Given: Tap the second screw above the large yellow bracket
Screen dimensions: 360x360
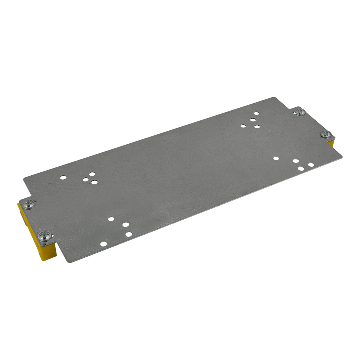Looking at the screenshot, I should pyautogui.click(x=28, y=204).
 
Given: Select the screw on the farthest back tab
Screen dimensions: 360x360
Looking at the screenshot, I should pyautogui.click(x=300, y=112).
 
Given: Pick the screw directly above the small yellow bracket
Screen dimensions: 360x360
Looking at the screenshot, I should pyautogui.click(x=325, y=134).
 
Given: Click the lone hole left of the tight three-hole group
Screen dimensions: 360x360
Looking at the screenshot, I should pyautogui.click(x=63, y=177).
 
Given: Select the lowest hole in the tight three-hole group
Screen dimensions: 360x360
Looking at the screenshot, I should pyautogui.click(x=94, y=182).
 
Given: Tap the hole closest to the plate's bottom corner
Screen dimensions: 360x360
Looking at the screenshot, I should pyautogui.click(x=103, y=244).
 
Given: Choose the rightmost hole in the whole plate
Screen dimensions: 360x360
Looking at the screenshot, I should pyautogui.click(x=311, y=165).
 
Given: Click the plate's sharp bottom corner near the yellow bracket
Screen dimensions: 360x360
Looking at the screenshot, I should pyautogui.click(x=69, y=262).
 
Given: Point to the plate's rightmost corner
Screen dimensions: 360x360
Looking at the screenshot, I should pyautogui.click(x=342, y=157).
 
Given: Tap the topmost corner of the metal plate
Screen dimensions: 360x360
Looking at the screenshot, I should pyautogui.click(x=275, y=98).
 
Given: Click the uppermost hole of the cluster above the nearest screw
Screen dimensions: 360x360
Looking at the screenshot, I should pyautogui.click(x=111, y=219).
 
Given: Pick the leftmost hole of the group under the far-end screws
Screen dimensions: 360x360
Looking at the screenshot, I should pyautogui.click(x=276, y=158).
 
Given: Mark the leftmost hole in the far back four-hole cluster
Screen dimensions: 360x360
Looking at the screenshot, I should pyautogui.click(x=243, y=126).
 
